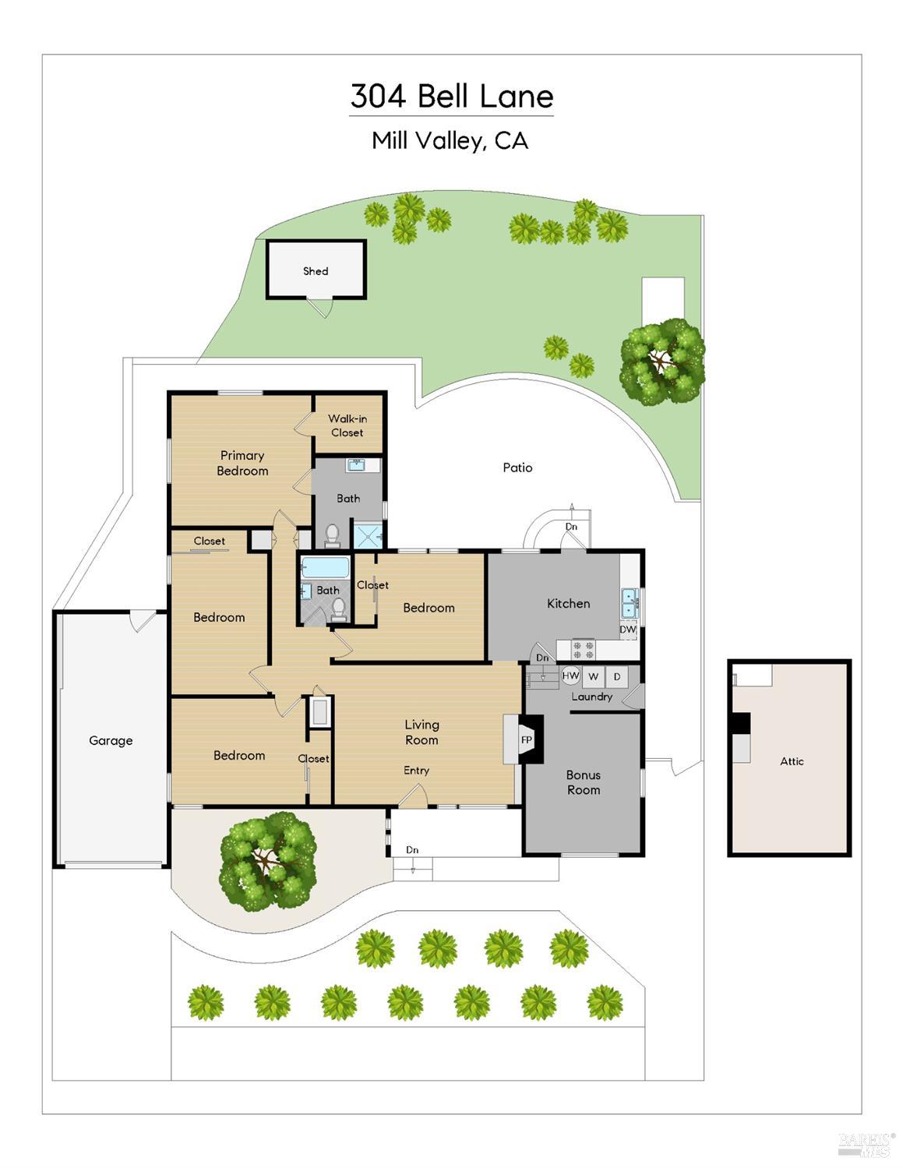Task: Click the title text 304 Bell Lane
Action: click(x=451, y=97)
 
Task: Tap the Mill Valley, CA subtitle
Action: click(x=450, y=141)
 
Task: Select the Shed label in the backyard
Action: click(x=316, y=271)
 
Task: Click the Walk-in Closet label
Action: click(x=347, y=425)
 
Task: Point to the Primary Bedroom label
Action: click(x=242, y=463)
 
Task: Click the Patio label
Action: click(x=517, y=468)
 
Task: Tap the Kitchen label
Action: click(x=568, y=603)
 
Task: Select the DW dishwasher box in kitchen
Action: click(x=628, y=630)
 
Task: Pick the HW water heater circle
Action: click(x=571, y=676)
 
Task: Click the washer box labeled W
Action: click(x=594, y=676)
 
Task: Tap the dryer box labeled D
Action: click(x=617, y=676)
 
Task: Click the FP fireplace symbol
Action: click(x=526, y=740)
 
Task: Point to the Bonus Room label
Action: click(x=583, y=782)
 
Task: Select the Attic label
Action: click(x=792, y=761)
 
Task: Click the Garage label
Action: click(x=111, y=740)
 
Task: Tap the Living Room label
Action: click(x=422, y=732)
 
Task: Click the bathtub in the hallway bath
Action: click(x=324, y=566)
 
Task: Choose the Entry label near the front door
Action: click(x=416, y=771)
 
